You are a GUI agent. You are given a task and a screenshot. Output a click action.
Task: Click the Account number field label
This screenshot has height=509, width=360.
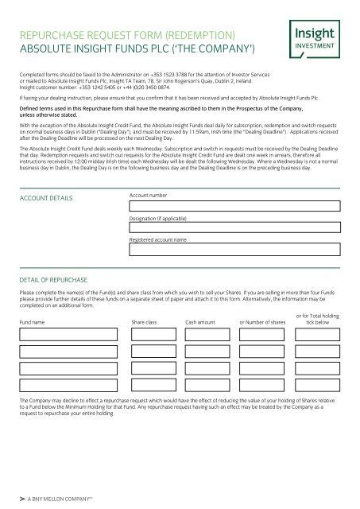coord(148,195)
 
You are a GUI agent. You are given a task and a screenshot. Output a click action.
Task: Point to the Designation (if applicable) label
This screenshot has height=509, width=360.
coord(161,216)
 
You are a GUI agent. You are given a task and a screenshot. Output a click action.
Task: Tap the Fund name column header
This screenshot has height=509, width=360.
coord(33,322)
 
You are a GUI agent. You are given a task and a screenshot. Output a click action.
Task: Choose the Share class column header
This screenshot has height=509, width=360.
coord(144,322)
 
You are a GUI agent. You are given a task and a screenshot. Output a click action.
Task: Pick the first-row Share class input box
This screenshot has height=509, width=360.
coord(153,335)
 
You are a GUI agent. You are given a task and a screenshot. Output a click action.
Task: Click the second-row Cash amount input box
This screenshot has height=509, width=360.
coord(208,349)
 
